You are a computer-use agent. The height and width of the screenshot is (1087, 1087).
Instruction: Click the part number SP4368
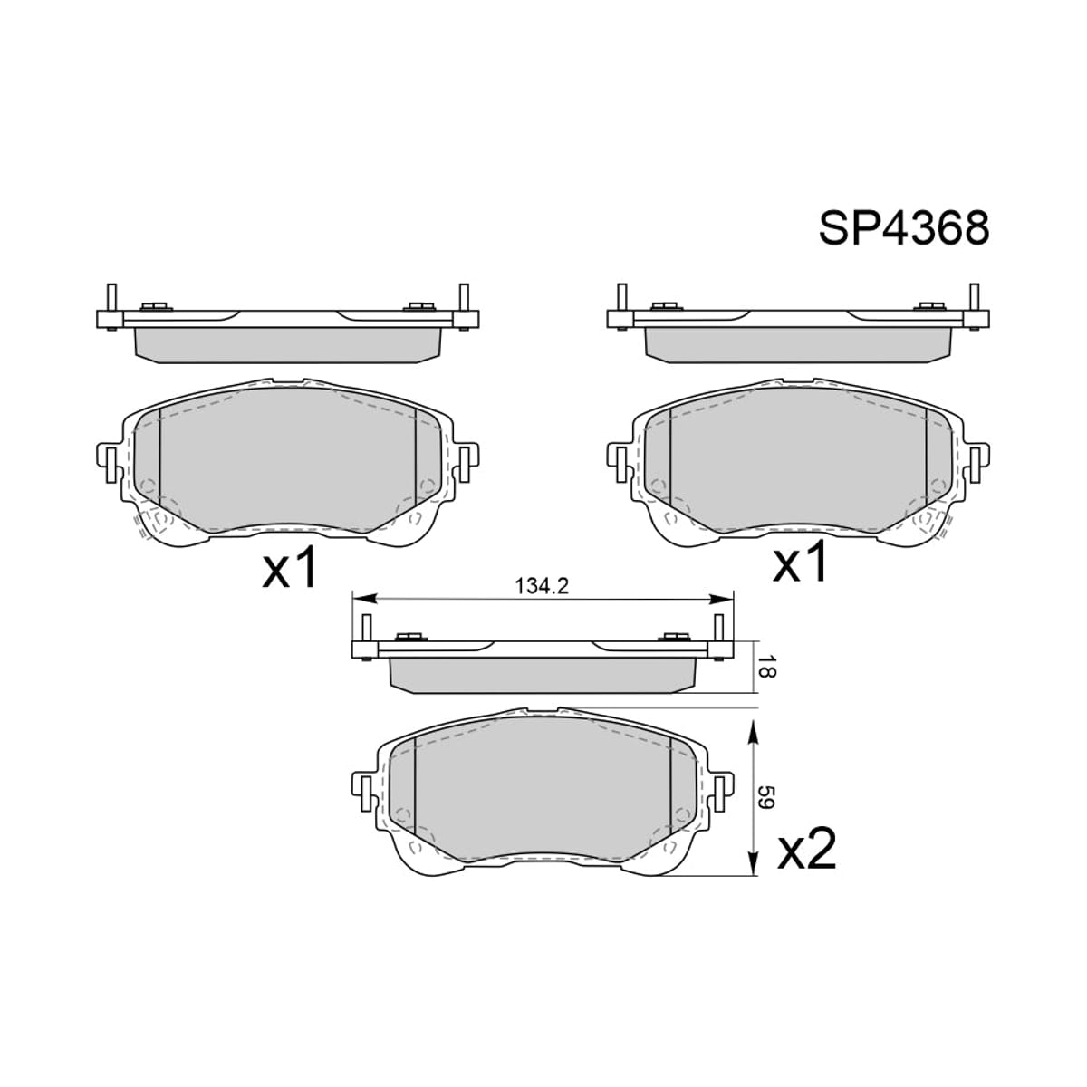[x=904, y=228]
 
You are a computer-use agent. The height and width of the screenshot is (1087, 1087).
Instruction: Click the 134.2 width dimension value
[x=542, y=587]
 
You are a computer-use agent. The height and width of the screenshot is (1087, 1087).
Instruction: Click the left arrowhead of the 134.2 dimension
[x=363, y=599]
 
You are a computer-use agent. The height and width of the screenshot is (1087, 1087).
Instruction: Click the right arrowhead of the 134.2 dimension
[x=721, y=599]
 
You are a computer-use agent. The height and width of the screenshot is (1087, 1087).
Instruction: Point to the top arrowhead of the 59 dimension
[x=752, y=731]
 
